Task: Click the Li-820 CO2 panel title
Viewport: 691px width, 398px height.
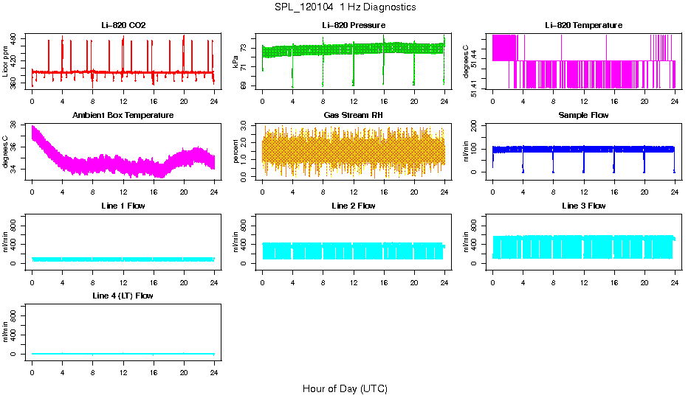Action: point(123,26)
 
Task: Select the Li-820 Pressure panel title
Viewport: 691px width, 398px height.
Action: point(354,26)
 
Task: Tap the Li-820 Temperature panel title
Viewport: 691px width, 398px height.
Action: point(583,26)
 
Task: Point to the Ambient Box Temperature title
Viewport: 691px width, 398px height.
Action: point(123,116)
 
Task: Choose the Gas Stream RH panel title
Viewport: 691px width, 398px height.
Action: point(354,116)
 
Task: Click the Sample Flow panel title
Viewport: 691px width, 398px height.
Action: point(583,116)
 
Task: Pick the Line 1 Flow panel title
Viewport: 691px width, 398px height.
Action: point(123,206)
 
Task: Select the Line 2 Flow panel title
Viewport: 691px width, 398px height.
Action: point(354,206)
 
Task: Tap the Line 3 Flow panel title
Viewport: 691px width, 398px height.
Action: point(583,206)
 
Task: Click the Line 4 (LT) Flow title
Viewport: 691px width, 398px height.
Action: point(123,296)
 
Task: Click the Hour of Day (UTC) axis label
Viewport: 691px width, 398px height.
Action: point(345,388)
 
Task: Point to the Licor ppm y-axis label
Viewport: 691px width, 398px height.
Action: point(6,62)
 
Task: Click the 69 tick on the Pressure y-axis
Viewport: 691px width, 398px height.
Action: point(246,85)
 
